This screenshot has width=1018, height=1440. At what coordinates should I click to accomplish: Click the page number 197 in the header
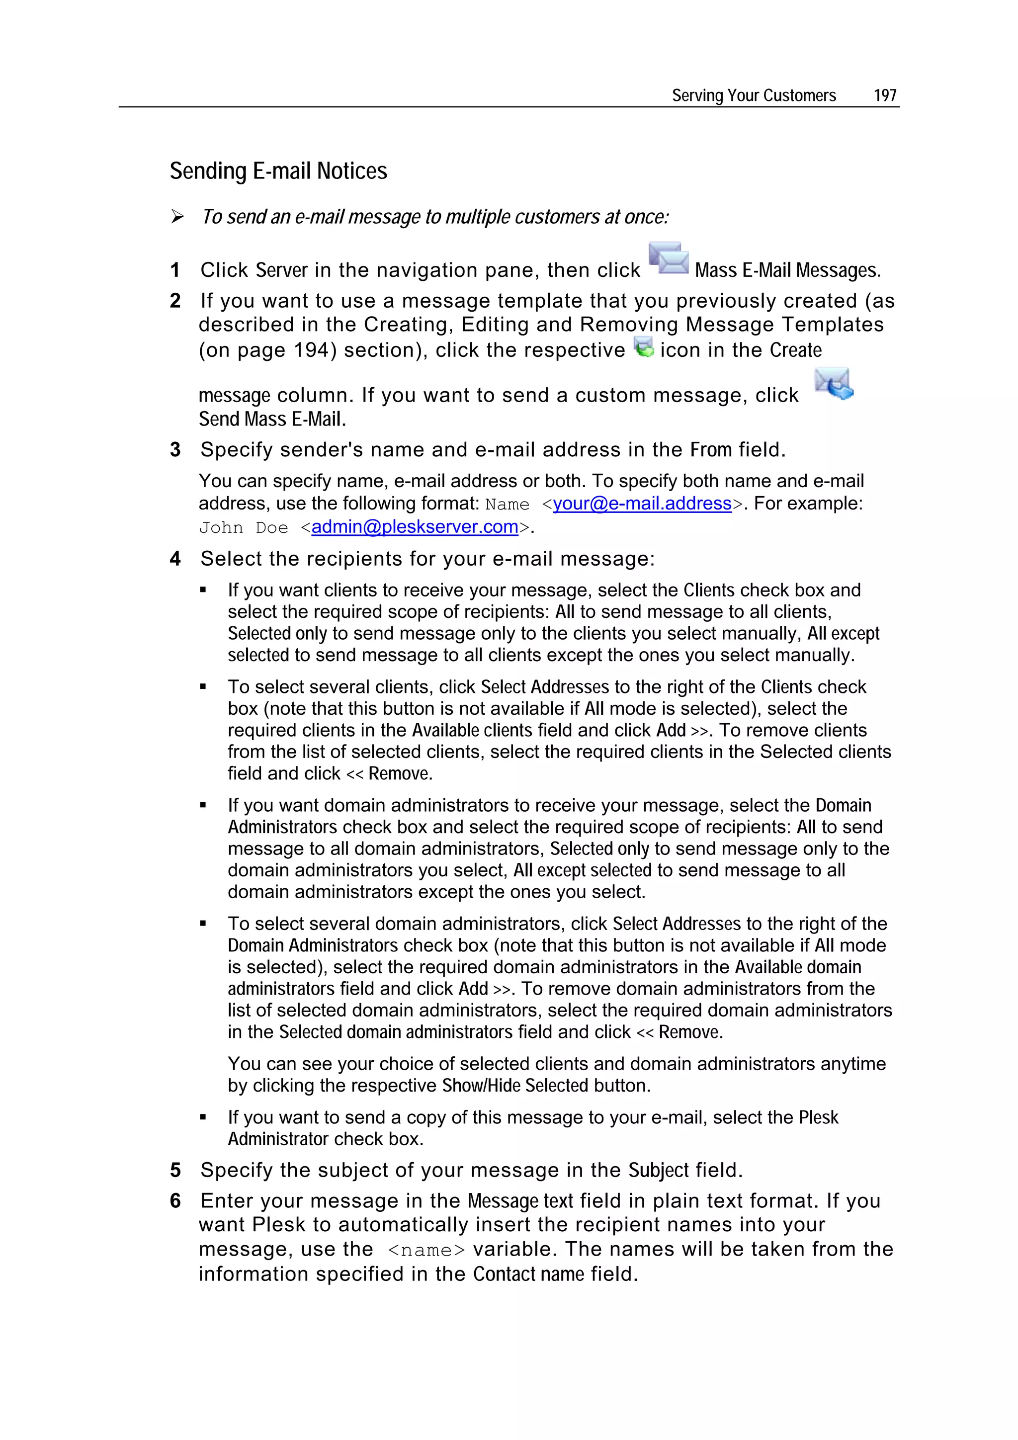(884, 95)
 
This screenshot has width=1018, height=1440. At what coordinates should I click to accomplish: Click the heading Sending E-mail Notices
(278, 171)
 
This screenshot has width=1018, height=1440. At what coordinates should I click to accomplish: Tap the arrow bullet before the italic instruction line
(177, 217)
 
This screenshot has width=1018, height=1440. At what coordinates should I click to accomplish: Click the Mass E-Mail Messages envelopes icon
(669, 258)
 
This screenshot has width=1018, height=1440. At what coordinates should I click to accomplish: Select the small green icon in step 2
(644, 347)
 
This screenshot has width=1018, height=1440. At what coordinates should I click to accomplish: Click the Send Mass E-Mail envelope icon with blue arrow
(834, 384)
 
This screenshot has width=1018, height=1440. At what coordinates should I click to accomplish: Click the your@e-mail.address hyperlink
(642, 504)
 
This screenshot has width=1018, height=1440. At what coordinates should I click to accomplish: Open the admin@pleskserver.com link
(415, 527)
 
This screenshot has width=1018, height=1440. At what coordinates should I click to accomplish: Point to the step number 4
(175, 559)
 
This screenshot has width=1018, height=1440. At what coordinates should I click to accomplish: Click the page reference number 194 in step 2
(311, 350)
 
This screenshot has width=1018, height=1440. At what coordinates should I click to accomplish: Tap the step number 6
(175, 1200)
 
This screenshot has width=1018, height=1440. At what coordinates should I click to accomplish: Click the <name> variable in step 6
(426, 1250)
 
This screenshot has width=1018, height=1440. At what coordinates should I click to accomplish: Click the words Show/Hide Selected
(514, 1086)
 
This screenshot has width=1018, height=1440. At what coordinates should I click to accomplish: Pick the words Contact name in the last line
(528, 1274)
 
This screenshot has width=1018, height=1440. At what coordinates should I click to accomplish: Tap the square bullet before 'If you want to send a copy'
(203, 1117)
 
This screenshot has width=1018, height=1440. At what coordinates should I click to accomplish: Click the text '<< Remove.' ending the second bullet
(390, 774)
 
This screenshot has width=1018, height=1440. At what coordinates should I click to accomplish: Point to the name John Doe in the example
(244, 528)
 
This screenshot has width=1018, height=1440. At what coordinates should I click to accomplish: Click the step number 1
(175, 270)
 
